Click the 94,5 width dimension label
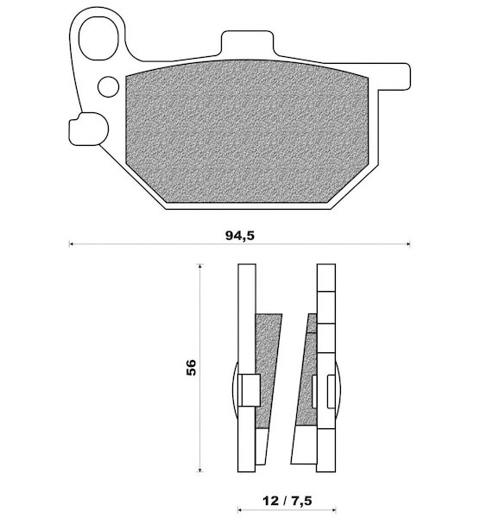[240, 236]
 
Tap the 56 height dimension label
[192, 367]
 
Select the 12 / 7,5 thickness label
[287, 501]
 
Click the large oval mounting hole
[98, 39]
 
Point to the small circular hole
[109, 86]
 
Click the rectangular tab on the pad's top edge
[248, 42]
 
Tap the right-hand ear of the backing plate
[394, 76]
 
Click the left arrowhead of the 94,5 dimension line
[71, 244]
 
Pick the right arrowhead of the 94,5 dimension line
[408, 244]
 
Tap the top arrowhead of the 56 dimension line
[199, 266]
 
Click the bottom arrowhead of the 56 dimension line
[199, 469]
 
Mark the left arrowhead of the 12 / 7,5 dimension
[239, 510]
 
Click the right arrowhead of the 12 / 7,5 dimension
[334, 510]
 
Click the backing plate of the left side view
[246, 368]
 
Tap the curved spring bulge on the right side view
[338, 390]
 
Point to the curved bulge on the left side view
[235, 390]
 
